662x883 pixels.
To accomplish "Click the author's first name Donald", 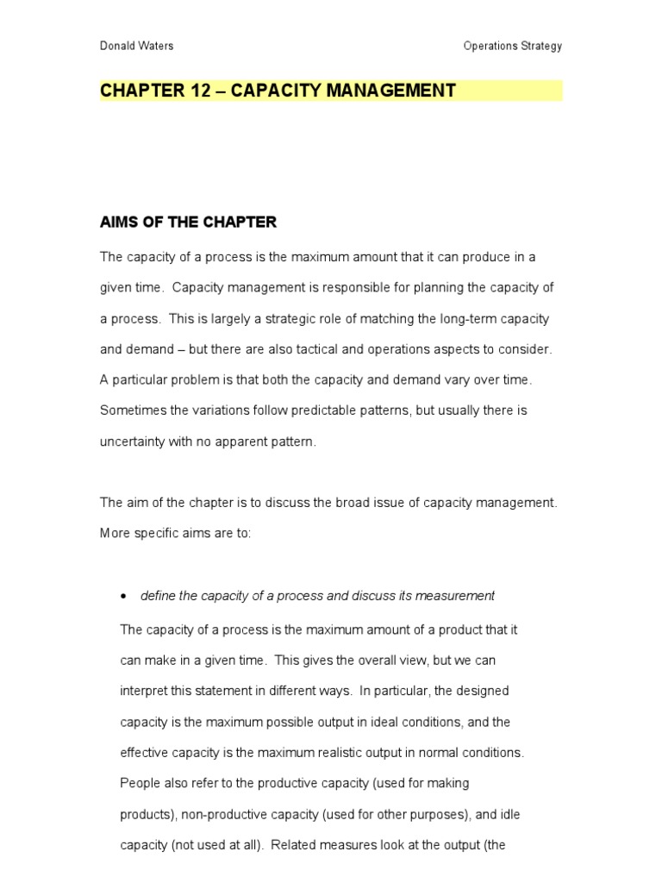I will tap(118, 47).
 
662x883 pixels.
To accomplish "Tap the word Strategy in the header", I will tap(540, 47).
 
